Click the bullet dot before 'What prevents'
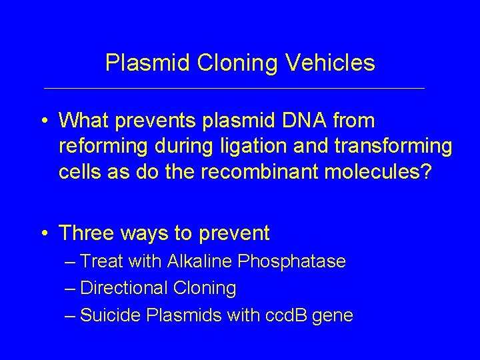click(x=43, y=121)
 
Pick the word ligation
click(x=257, y=145)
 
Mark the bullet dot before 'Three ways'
click(x=43, y=234)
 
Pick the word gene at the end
click(x=332, y=315)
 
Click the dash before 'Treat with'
click(x=70, y=261)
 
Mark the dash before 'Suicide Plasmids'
click(x=70, y=315)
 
